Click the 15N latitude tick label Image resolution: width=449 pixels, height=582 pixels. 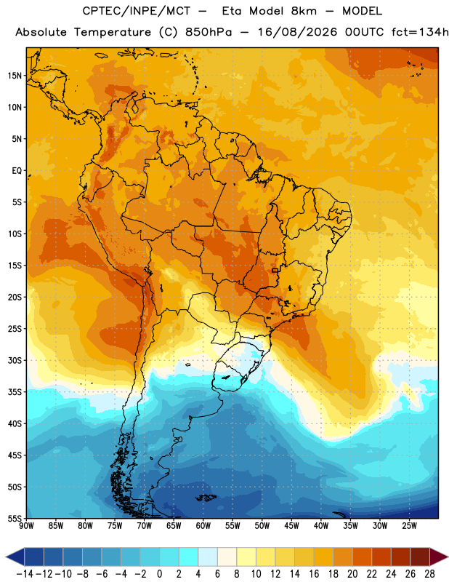(15, 76)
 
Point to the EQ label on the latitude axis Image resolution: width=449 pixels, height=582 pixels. (17, 171)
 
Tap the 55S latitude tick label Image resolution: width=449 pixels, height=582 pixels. (15, 518)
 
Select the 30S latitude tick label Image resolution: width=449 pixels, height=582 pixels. (15, 360)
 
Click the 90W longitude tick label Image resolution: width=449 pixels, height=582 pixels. (26, 526)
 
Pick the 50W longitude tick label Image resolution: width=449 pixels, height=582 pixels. (262, 526)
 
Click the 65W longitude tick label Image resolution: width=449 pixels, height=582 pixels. (174, 526)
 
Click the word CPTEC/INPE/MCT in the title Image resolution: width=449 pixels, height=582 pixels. (136, 12)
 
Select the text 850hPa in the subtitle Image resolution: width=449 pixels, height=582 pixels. (209, 32)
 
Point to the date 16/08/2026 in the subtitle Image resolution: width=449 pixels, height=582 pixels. (297, 32)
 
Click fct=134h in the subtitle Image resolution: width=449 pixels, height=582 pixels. (420, 32)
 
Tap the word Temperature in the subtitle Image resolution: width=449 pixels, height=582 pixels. (113, 33)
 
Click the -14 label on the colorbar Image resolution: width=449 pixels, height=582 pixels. (25, 574)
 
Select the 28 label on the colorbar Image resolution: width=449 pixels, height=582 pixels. (429, 574)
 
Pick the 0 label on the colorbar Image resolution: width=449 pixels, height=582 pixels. (160, 574)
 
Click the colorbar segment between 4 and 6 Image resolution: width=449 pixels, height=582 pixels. (208, 557)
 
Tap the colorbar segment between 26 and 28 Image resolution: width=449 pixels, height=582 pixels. (420, 557)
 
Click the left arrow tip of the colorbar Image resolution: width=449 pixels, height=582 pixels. (6, 557)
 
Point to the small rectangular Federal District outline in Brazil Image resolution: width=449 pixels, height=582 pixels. (275, 270)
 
